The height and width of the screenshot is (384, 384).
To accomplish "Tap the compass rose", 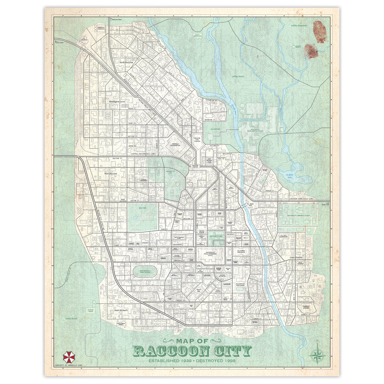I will (317, 355).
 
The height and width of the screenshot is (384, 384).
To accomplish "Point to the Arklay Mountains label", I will (299, 25).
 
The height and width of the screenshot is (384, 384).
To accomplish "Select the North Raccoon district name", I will (126, 62).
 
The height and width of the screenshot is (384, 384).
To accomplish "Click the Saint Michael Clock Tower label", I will (209, 161).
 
